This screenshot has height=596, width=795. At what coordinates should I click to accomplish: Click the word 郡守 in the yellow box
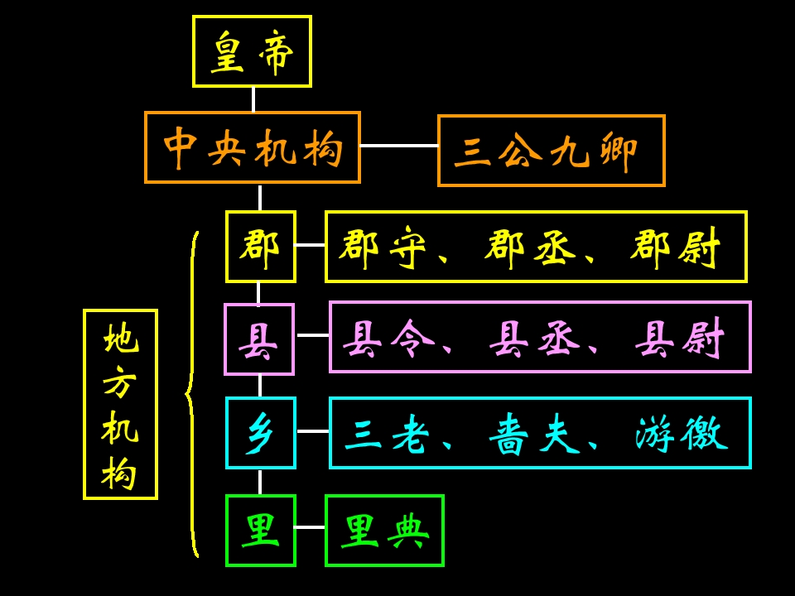coord(383,248)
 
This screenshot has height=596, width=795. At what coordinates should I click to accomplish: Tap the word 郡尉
coord(675,248)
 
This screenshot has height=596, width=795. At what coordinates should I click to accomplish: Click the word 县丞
coord(534,339)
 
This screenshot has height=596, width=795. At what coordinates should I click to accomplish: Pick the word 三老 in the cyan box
coord(387,434)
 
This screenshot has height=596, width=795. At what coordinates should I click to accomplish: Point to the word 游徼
coord(682,434)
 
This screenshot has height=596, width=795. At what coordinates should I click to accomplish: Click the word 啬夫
coord(534,434)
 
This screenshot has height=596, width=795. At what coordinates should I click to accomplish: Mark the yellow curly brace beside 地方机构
coord(191,394)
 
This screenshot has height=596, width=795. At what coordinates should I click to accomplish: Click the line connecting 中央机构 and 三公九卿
coord(399,146)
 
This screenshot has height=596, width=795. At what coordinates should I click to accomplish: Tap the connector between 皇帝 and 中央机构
coord(253,99)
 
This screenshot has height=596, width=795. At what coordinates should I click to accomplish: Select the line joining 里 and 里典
coord(311,527)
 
